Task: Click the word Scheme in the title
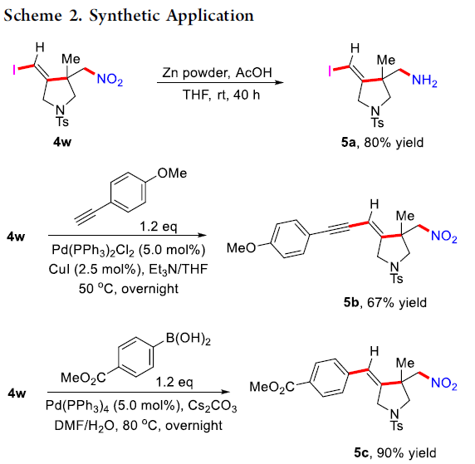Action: pyautogui.click(x=32, y=15)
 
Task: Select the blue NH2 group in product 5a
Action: pyautogui.click(x=424, y=81)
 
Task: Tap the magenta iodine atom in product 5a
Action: pyautogui.click(x=330, y=71)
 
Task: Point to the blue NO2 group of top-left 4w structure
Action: pyautogui.click(x=110, y=80)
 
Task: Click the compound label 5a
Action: pyautogui.click(x=349, y=142)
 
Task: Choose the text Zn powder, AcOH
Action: pyautogui.click(x=217, y=73)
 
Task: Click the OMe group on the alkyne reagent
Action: pyautogui.click(x=172, y=173)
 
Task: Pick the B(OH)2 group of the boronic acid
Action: pyautogui.click(x=188, y=339)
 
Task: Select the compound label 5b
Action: pyautogui.click(x=351, y=302)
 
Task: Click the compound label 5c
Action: pyautogui.click(x=361, y=452)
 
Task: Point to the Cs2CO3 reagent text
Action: pyautogui.click(x=212, y=406)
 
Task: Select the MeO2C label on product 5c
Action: pyautogui.click(x=272, y=387)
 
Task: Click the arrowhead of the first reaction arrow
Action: pyautogui.click(x=280, y=82)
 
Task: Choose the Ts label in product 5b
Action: pyautogui.click(x=397, y=278)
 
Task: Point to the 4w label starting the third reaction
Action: pyautogui.click(x=17, y=393)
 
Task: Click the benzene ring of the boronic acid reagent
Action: pyautogui.click(x=135, y=358)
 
